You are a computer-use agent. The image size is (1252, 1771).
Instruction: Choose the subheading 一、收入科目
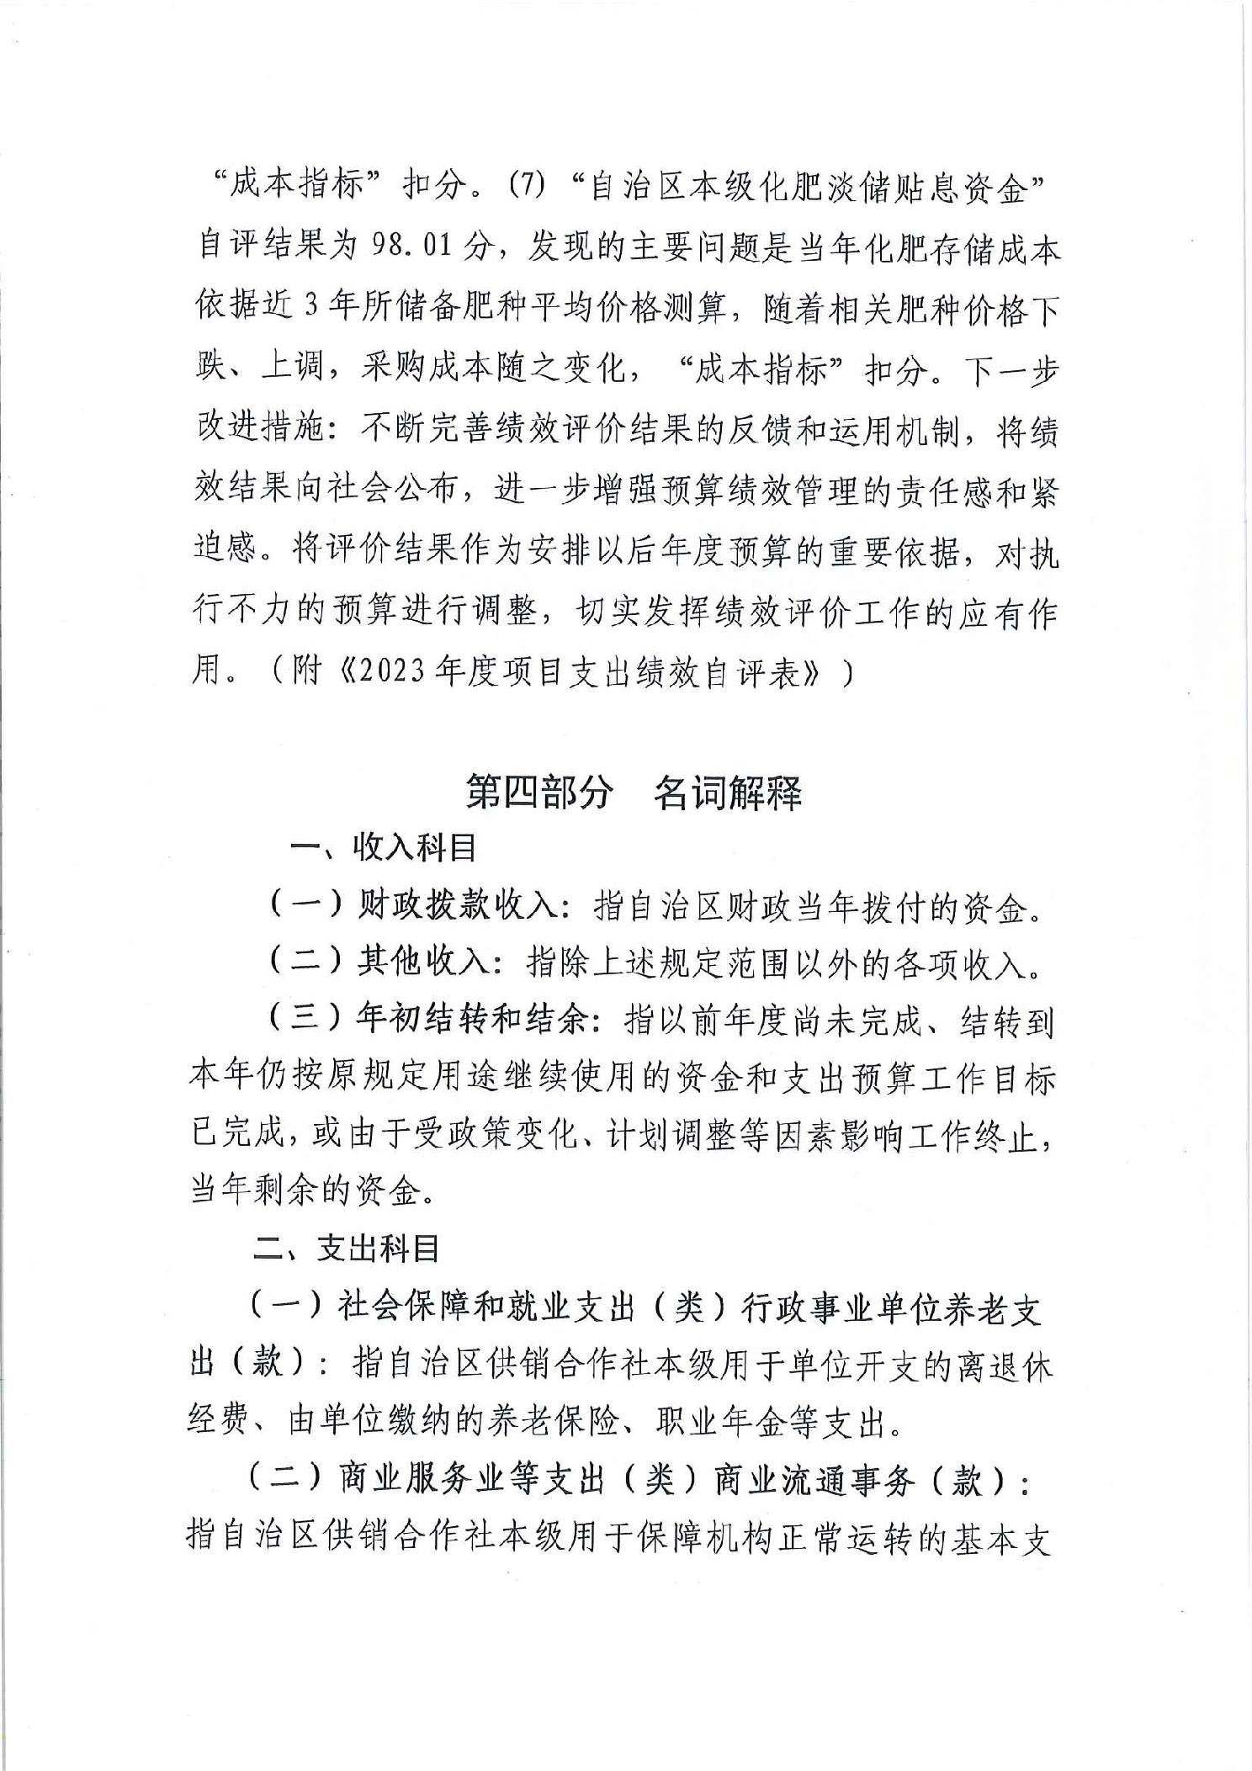point(382,847)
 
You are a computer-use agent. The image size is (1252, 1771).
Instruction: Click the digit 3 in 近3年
point(310,307)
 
